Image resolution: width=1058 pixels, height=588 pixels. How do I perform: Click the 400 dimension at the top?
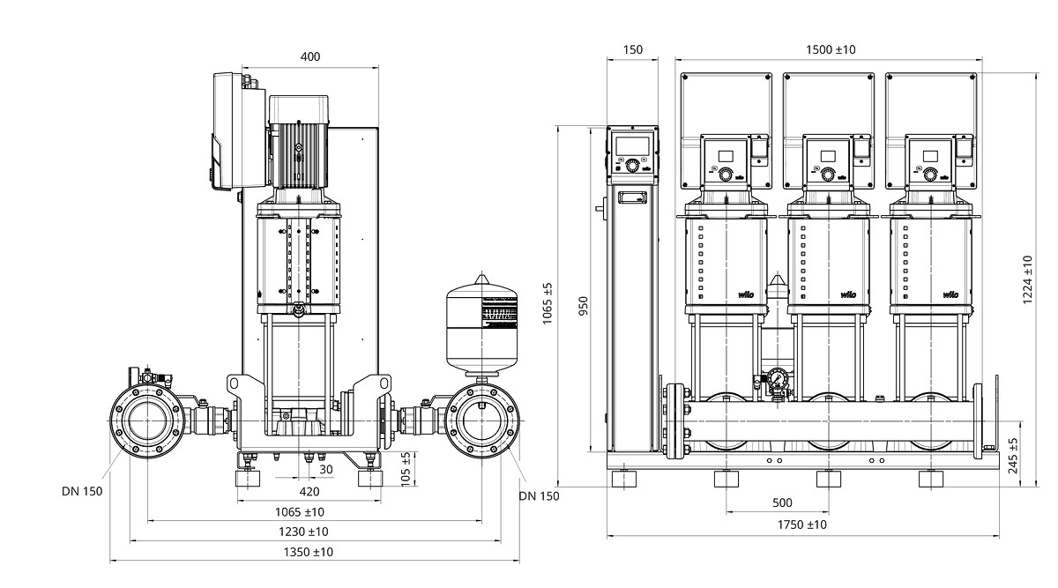coord(309,56)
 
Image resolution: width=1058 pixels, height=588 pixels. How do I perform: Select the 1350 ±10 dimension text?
coord(309,552)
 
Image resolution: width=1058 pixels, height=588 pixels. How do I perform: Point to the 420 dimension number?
coord(309,492)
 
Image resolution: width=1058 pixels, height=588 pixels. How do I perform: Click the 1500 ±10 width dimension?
coord(831,50)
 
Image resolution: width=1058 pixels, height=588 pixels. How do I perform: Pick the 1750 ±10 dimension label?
coord(802,525)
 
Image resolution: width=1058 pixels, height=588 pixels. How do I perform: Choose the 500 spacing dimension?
coord(781,503)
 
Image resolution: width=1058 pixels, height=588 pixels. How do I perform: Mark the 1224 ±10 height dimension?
coord(1028,280)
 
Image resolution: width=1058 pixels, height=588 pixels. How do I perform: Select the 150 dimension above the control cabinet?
coord(633,50)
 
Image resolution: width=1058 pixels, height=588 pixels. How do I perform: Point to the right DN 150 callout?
coord(539,496)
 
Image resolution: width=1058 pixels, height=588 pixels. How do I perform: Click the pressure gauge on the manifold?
coord(777,379)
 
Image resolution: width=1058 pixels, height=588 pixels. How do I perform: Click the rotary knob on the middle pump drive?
coord(828,175)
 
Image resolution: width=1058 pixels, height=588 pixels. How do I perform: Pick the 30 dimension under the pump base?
coord(326,470)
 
